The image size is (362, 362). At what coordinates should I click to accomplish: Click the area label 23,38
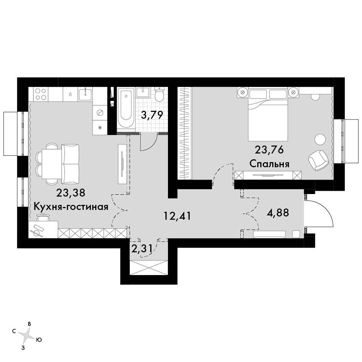(71, 193)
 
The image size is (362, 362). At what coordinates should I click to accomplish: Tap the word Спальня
(269, 164)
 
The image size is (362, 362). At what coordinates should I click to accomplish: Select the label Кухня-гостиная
(71, 207)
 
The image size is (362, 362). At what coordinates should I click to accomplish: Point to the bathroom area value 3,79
(152, 115)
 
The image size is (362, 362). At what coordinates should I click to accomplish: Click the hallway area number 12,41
(177, 216)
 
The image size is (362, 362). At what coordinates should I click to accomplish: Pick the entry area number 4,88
(278, 212)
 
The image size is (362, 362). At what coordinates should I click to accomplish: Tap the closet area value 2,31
(142, 249)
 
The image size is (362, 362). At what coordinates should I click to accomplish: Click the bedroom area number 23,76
(269, 150)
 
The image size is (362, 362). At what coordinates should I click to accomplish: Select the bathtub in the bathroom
(126, 108)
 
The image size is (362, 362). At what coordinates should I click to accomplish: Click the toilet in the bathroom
(159, 94)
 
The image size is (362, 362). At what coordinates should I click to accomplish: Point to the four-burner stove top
(41, 94)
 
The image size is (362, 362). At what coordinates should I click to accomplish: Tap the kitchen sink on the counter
(85, 94)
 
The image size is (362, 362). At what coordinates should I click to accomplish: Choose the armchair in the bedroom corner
(318, 160)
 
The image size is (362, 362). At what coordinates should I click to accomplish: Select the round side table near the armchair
(320, 139)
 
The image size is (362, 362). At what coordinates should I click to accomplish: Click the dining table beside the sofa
(51, 164)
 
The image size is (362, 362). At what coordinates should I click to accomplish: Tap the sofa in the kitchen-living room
(71, 164)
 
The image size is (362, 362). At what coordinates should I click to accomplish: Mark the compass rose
(26, 334)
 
